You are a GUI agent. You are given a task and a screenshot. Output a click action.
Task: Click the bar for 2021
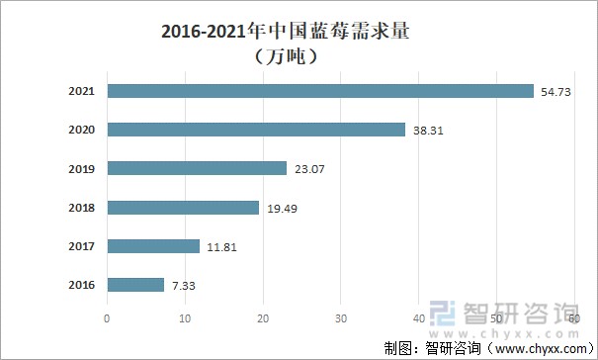(320, 91)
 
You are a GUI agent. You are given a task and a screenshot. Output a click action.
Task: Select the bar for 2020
(256, 130)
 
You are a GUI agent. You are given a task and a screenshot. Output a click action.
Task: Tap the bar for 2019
(197, 168)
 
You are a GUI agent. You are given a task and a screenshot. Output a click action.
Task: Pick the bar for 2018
(183, 208)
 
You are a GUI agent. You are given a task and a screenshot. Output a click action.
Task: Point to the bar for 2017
(153, 246)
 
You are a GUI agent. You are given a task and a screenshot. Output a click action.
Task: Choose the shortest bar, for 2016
(135, 285)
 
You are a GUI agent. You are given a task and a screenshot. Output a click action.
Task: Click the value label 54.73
(557, 91)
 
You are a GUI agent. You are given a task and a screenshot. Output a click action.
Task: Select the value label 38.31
(429, 130)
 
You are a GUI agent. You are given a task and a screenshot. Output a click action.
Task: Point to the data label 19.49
(282, 208)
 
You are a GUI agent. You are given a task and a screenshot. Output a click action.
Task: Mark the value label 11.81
(222, 246)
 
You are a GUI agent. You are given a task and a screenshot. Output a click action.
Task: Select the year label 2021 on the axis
(81, 91)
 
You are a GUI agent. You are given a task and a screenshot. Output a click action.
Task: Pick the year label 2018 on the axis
(81, 208)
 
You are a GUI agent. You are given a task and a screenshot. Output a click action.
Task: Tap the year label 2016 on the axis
(81, 285)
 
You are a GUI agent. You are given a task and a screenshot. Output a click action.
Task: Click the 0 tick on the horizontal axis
(107, 318)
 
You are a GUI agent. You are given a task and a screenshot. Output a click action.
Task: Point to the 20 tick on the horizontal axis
(263, 318)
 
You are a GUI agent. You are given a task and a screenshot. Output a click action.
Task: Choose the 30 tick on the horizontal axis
(341, 318)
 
